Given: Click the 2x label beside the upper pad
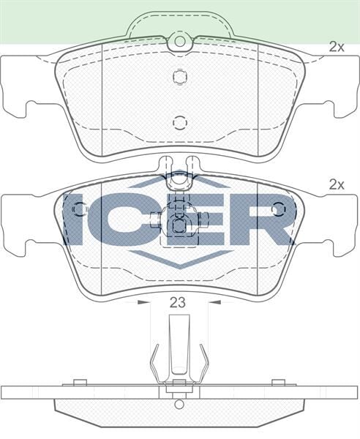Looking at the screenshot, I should [336, 47].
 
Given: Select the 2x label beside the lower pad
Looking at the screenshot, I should [336, 185].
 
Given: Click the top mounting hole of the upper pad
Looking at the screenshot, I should [179, 43].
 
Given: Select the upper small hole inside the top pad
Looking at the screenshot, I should [179, 77].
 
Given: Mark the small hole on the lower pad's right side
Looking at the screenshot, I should [277, 209].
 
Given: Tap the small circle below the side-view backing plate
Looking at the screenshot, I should [179, 404].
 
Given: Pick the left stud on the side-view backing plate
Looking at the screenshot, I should [81, 381].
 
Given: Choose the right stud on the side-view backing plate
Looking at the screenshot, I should [277, 381].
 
